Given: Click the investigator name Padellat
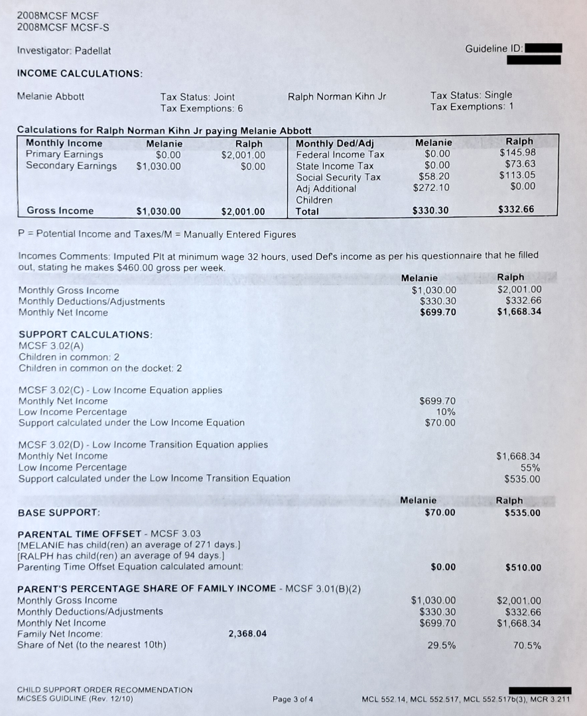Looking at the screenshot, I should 93,50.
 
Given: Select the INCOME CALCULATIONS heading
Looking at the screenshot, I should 80,73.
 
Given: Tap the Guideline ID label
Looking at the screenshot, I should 494,48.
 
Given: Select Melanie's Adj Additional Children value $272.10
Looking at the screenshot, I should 431,188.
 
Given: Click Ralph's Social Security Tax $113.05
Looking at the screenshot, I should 517,176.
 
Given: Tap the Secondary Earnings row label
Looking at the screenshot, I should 71,166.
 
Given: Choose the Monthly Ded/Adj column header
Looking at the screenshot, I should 335,143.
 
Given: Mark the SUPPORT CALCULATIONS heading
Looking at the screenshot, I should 86,335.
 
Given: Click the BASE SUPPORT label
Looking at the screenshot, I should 59,512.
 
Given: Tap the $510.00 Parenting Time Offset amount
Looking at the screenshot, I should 523,567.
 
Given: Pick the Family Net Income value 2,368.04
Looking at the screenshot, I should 247,634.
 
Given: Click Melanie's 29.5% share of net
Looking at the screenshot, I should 441,645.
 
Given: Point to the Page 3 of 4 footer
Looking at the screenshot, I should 293,699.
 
